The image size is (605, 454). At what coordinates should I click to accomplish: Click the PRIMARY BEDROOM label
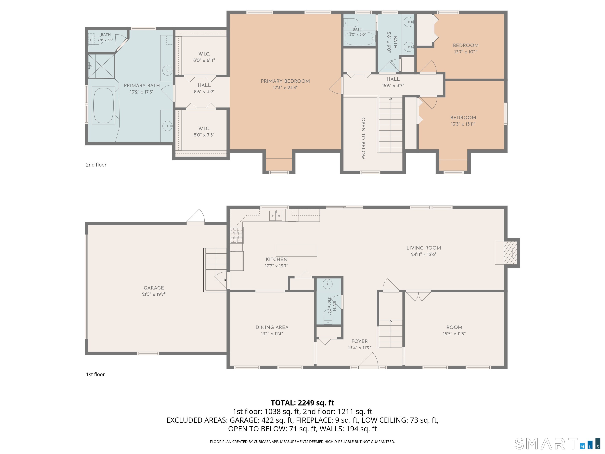click(285, 81)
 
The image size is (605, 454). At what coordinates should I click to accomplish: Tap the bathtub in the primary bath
click(103, 105)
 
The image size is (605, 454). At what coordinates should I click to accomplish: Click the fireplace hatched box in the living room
click(510, 253)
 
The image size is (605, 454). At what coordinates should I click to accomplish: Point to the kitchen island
click(296, 250)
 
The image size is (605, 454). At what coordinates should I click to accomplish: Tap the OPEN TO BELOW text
click(363, 139)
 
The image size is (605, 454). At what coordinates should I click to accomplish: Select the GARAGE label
click(154, 288)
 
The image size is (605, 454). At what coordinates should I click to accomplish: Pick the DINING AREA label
click(272, 327)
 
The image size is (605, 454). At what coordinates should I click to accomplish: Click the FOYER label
click(359, 341)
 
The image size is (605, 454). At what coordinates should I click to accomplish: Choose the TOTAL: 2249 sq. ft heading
click(302, 403)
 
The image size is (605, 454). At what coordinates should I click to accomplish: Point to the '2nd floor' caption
click(96, 165)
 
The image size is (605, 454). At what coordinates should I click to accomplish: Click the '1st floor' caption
click(96, 375)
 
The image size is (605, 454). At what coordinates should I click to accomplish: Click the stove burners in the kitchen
click(237, 235)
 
